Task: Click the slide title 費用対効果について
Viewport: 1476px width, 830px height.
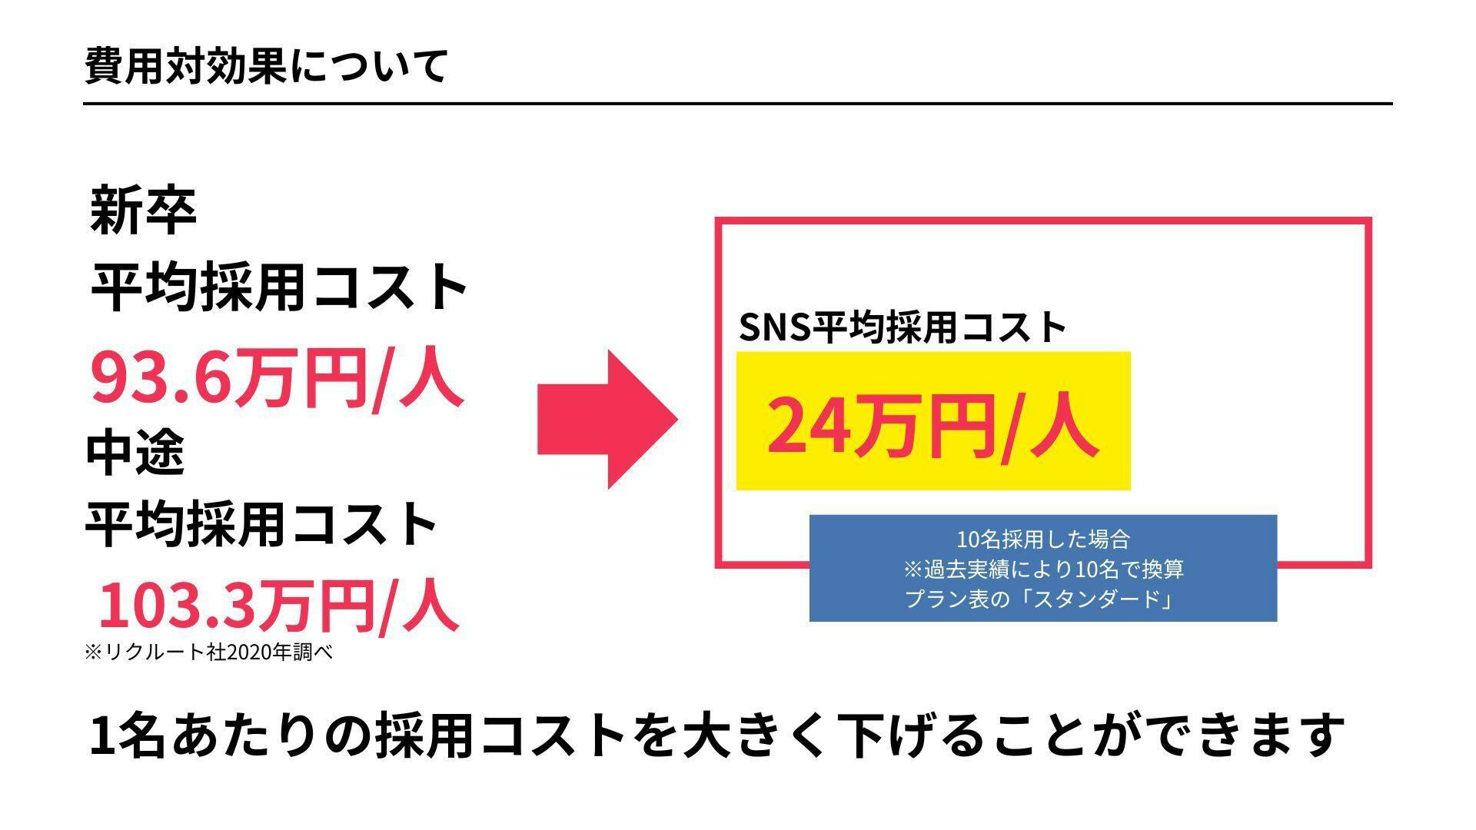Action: tap(266, 66)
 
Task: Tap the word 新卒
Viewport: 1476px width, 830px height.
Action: tap(143, 209)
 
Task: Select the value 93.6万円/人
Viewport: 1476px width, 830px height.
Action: tap(277, 378)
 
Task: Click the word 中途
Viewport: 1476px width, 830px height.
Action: tap(135, 452)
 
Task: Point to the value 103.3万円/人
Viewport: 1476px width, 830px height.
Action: tap(279, 605)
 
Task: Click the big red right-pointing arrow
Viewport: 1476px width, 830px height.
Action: tap(607, 420)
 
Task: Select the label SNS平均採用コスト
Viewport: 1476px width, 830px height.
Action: tap(903, 327)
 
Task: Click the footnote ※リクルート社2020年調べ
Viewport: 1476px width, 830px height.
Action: tap(208, 652)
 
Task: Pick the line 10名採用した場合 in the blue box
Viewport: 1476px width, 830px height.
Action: tap(1043, 539)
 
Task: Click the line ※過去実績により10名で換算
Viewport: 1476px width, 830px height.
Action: tap(1043, 569)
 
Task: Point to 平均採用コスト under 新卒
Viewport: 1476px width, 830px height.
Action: tap(279, 287)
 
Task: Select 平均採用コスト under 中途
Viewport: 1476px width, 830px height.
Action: tap(261, 524)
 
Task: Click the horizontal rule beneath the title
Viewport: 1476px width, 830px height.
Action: tap(738, 103)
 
